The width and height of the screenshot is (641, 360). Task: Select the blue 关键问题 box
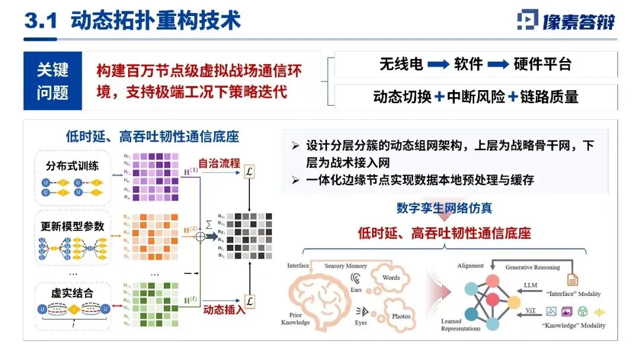53,81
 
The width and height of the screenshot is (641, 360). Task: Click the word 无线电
401,64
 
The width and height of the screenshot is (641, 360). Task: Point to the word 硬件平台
542,64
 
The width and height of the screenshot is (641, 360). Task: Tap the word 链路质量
550,97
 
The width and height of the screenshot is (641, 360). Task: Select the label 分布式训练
72,166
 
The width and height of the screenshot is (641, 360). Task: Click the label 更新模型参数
72,226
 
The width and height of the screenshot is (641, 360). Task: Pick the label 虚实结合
72,293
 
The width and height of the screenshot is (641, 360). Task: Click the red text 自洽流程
220,163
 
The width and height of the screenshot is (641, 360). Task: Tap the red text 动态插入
224,309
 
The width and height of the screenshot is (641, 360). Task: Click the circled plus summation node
199,235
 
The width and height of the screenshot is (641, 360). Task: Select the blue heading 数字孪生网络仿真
444,208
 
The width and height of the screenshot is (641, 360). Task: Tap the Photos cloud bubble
399,315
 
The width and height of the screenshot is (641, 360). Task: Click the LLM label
530,285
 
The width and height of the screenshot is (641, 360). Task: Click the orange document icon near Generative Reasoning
573,278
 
